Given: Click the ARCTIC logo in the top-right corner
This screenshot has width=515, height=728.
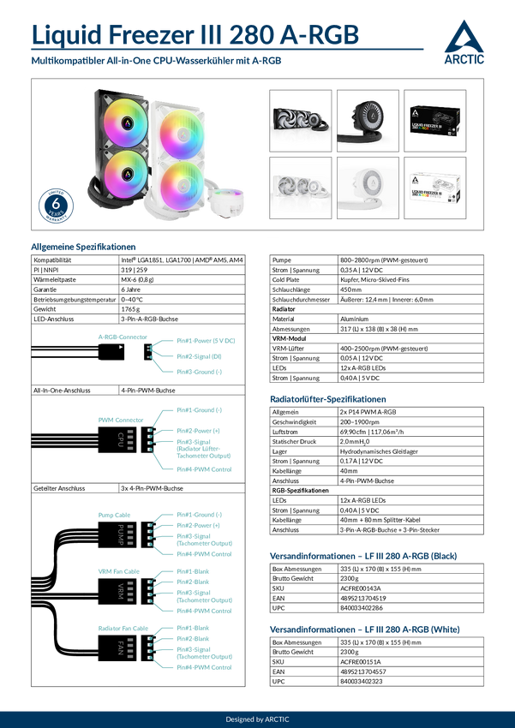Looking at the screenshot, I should [464, 44].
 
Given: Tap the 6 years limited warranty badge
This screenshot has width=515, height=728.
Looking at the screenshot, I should [56, 206].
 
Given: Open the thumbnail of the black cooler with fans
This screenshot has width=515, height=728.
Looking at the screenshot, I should [299, 119].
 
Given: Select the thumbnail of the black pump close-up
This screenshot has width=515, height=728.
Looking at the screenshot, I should [366, 119].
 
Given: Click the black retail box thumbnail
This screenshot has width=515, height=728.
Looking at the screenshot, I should [434, 119].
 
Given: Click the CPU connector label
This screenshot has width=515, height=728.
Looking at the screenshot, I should [121, 437].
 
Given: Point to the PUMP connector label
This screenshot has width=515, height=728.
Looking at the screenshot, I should [121, 529].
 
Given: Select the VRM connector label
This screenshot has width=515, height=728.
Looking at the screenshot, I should [121, 590].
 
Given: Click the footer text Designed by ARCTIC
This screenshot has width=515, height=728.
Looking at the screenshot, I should [257, 719].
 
